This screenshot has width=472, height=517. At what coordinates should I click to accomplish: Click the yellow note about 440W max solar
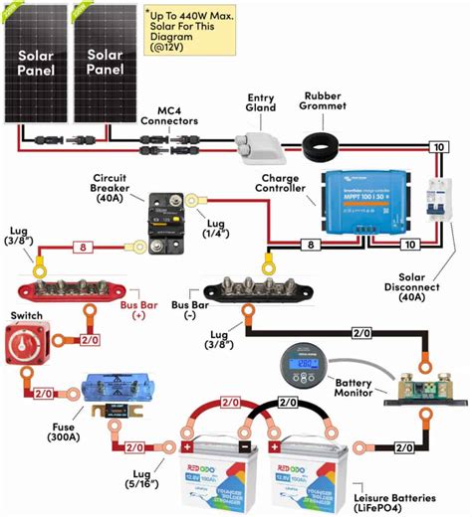193,30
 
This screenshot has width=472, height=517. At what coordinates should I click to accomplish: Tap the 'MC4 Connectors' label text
166,112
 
